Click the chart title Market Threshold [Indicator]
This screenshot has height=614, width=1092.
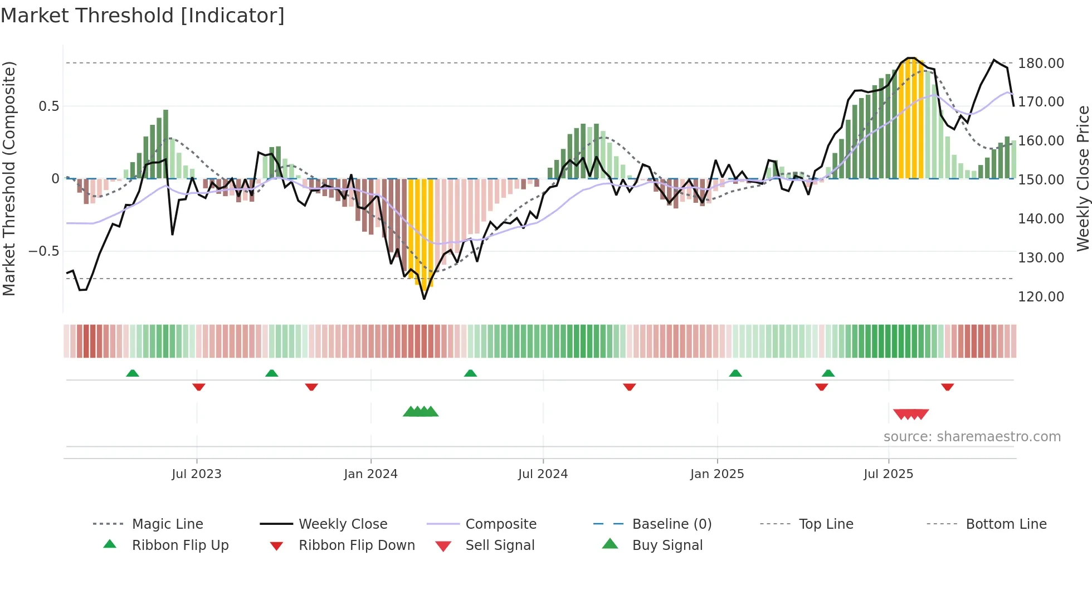143,16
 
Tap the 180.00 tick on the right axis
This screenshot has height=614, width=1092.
1041,64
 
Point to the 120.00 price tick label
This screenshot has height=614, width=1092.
1041,297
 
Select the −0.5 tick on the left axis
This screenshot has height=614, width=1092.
44,251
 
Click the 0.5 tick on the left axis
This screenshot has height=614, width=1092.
48,106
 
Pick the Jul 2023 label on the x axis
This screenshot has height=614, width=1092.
196,474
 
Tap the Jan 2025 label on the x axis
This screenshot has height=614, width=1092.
716,474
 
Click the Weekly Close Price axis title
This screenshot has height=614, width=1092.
1083,178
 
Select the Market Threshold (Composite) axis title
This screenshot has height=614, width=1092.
9,178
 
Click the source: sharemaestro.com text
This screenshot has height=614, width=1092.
972,437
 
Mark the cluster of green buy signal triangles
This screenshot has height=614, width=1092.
421,412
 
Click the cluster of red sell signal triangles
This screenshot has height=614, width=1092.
911,414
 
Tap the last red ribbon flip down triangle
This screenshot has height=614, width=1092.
947,387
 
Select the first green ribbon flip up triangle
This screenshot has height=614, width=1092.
132,373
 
